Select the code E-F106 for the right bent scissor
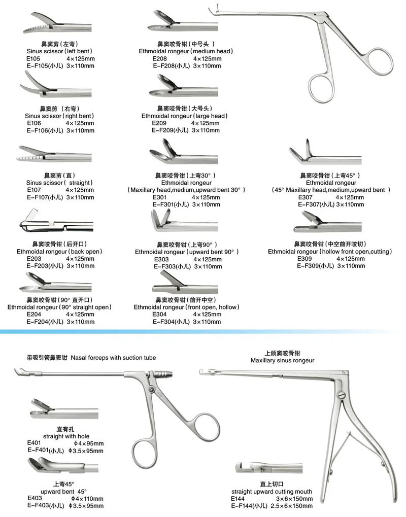click(41, 130)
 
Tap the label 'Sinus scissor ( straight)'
click(60, 182)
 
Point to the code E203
click(33, 258)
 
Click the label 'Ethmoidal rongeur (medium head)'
click(186, 51)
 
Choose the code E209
click(159, 123)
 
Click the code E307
click(305, 197)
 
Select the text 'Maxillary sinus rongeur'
click(282, 360)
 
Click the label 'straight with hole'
click(60, 435)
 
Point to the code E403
click(35, 498)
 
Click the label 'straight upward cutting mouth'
click(272, 492)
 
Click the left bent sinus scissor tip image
click(43, 25)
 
